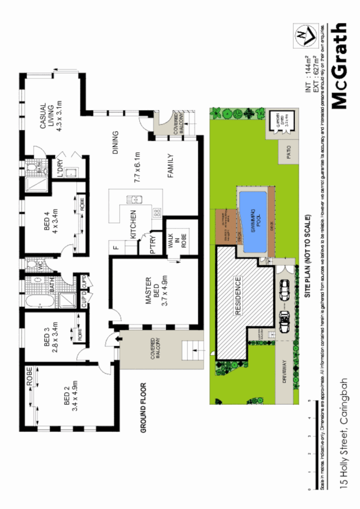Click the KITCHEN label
[134, 223]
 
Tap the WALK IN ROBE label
[174, 239]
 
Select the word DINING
[115, 143]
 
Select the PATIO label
[288, 153]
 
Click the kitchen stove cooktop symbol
[156, 212]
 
